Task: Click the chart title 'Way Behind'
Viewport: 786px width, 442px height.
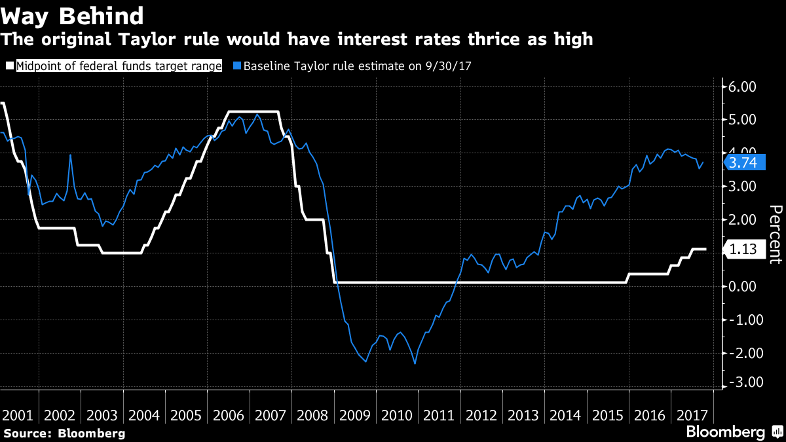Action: tap(73, 15)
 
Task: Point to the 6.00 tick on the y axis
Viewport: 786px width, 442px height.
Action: tap(742, 86)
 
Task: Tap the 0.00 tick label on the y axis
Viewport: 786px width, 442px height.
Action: tap(742, 286)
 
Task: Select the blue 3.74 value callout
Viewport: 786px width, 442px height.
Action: tap(742, 162)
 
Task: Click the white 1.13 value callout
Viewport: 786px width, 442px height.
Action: tap(742, 249)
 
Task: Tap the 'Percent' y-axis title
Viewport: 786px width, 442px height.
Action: tap(775, 234)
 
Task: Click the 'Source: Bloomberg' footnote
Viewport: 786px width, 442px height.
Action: tap(64, 433)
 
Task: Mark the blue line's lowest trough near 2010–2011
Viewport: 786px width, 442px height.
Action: tap(415, 363)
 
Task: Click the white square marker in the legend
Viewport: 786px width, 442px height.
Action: tap(10, 65)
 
